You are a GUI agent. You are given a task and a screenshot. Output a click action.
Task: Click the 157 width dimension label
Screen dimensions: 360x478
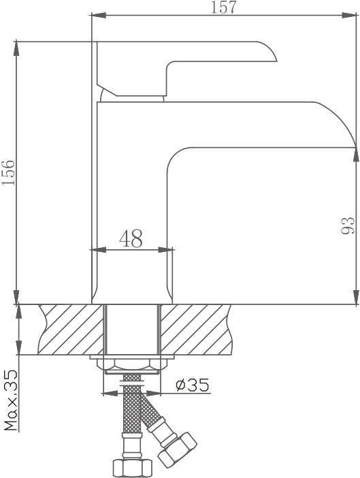[223, 7]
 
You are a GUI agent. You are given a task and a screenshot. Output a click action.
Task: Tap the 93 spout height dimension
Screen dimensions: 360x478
[348, 225]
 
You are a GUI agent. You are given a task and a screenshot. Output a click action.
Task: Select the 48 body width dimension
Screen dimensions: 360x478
[131, 238]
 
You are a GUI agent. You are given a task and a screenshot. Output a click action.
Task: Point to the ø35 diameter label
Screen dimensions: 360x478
[193, 385]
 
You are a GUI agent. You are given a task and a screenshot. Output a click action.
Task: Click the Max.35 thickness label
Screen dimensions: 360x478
[11, 400]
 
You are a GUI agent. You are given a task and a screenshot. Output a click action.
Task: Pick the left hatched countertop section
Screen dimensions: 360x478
[71, 330]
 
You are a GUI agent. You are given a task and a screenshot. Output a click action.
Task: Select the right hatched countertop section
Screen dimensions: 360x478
[196, 330]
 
